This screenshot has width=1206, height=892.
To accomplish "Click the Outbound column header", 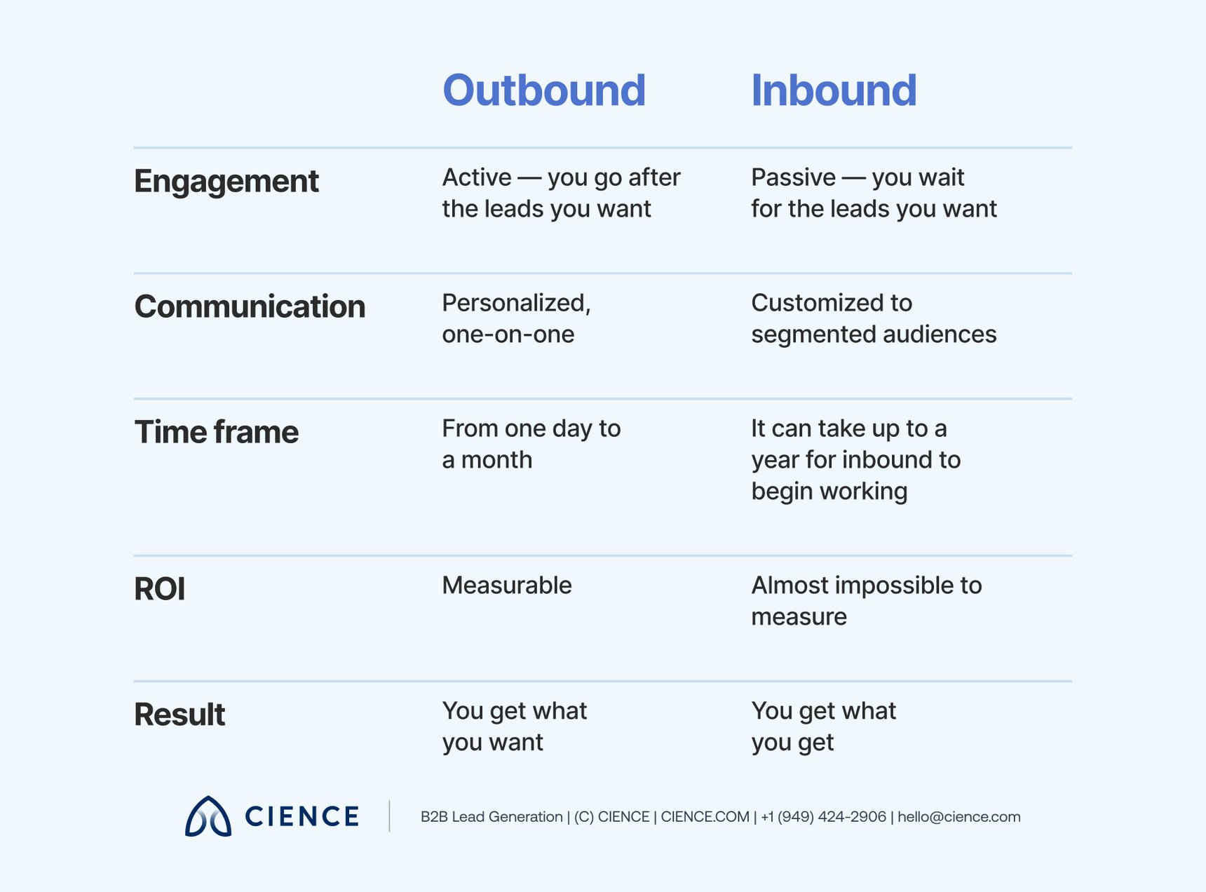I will coord(544,90).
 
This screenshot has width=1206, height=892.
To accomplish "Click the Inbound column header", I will coord(834,90).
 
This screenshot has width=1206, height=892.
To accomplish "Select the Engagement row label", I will coord(226,182).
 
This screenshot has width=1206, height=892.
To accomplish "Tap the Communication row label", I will coord(250,307).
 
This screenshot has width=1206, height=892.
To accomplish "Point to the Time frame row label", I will coord(216,432).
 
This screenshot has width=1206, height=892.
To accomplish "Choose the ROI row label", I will coord(160,589).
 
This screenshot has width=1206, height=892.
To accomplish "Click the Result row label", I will coord(179,715).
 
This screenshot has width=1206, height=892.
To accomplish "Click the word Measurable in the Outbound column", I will coord(507,586).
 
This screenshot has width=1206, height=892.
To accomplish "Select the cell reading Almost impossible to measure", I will coord(866,601).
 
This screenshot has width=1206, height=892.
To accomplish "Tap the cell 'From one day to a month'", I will coord(531,444).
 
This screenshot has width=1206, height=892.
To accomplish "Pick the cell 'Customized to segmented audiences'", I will coord(873,318).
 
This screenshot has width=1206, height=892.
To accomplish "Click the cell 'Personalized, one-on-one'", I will coord(516,318).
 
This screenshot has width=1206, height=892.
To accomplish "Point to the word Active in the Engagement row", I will coord(477,178).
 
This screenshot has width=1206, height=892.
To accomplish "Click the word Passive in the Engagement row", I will coord(793,178).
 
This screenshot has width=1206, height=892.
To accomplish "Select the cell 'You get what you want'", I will coord(514,727).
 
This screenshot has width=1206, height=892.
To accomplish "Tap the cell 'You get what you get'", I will coord(823,727).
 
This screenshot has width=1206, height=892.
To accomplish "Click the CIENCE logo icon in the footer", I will coord(208,816).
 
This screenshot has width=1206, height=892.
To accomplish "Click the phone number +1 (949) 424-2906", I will coord(823,817).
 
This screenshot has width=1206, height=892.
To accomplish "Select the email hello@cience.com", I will coord(958,817).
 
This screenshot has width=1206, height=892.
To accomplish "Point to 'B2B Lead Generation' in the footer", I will coord(492,817).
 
